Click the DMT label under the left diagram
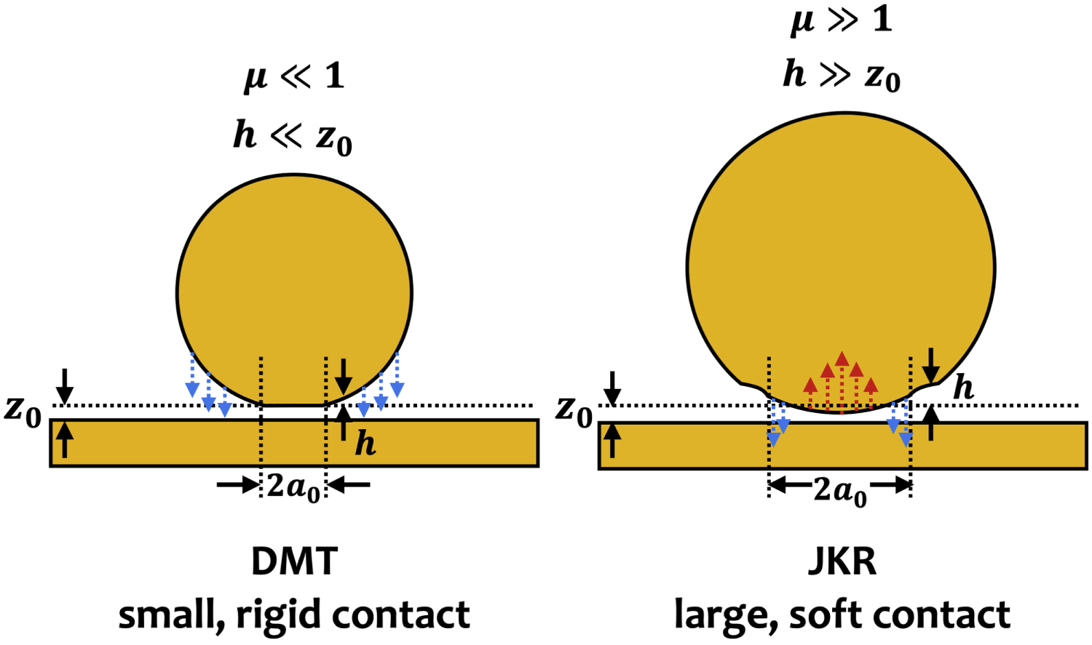(294, 561)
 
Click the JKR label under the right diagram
(842, 561)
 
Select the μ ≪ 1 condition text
(293, 76)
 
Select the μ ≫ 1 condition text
(842, 19)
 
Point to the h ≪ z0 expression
(293, 137)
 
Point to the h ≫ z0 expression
(842, 76)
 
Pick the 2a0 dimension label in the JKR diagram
(840, 492)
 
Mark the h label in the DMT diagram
(365, 443)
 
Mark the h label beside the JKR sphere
(963, 388)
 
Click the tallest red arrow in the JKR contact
(842, 382)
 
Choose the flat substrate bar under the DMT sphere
(294, 443)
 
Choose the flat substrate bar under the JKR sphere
(843, 446)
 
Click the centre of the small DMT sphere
(294, 291)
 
